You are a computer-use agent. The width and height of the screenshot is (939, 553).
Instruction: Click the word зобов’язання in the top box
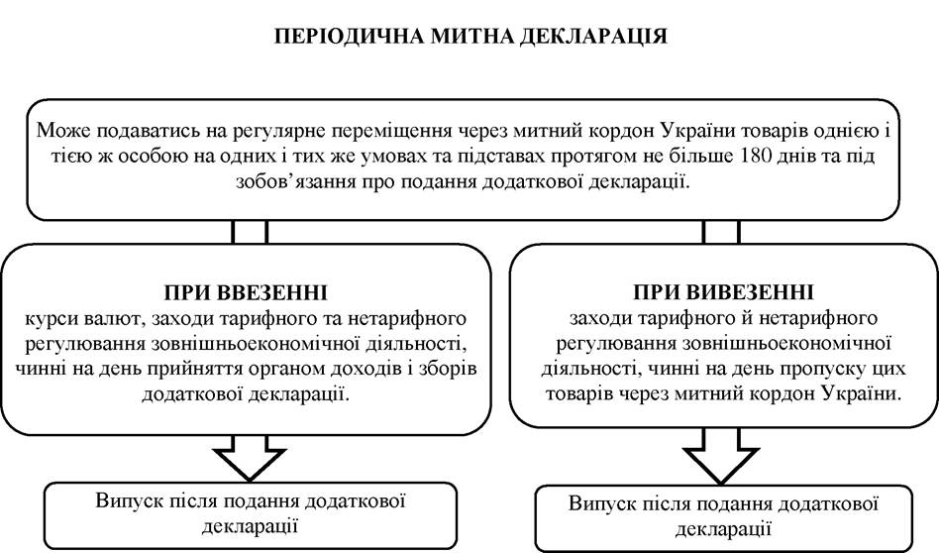click(295, 181)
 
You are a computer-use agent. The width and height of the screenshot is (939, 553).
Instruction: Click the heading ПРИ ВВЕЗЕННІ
click(246, 292)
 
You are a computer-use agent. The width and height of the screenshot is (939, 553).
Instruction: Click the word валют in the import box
click(115, 318)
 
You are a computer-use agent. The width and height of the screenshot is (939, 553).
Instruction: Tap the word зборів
click(445, 368)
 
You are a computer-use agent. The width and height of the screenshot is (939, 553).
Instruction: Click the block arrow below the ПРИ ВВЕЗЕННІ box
click(250, 457)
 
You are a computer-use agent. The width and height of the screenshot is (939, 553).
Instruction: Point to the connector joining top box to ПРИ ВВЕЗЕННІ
click(250, 232)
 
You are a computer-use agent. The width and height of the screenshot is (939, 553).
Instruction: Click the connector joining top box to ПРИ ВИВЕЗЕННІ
click(722, 232)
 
